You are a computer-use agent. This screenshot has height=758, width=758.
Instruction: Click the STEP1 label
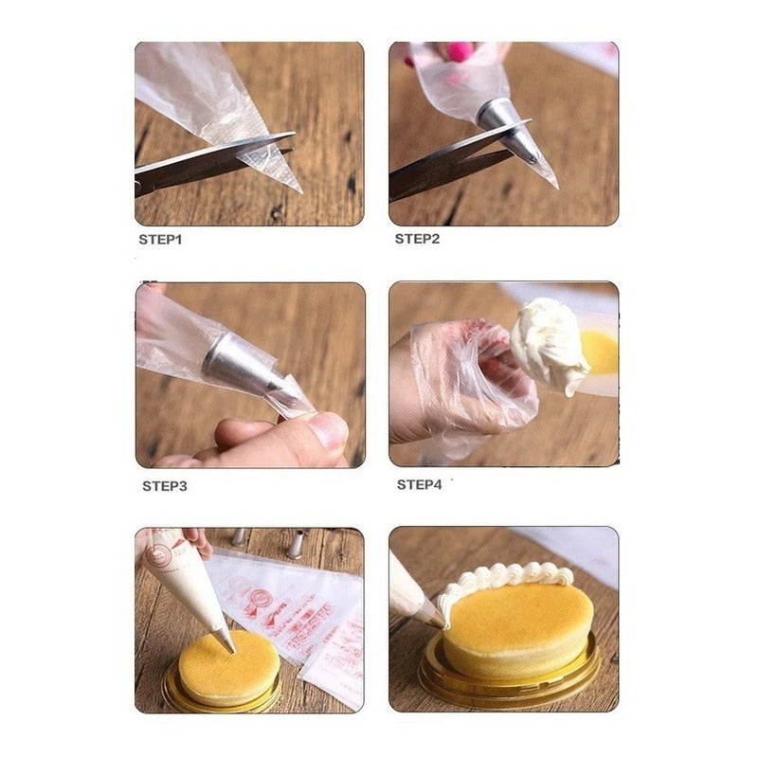pos(160,239)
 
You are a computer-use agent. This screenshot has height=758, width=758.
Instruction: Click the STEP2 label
pos(417,239)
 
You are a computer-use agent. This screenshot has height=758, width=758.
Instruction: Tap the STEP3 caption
pos(165,486)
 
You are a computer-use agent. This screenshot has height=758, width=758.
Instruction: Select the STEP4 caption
pos(419,484)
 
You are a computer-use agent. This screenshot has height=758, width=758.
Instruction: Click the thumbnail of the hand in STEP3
pos(328,431)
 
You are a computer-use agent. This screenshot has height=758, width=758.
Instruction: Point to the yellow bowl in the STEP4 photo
pos(599,352)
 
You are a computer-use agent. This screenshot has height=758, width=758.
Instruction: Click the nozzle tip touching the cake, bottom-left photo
pos(227,642)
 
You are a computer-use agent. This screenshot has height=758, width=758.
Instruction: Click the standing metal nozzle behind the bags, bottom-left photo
pos(296,544)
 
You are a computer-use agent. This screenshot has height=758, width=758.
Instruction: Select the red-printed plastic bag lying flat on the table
pos(284,602)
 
